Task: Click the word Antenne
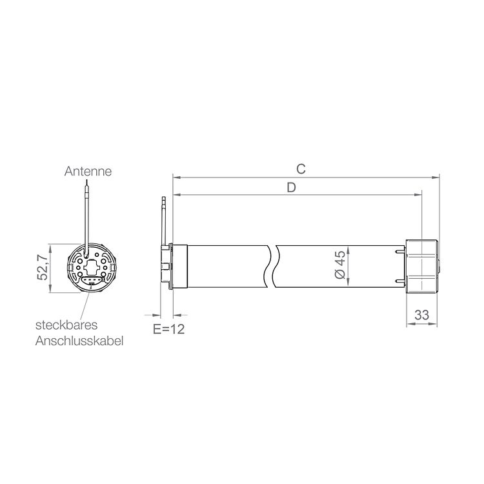coord(88,171)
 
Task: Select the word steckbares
coord(66,325)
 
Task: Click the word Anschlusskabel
coord(79,341)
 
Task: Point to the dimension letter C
coord(301,169)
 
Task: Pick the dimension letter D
coord(292,187)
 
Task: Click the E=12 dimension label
coord(169,329)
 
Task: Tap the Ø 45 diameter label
coord(340,265)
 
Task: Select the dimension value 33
coord(422,315)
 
